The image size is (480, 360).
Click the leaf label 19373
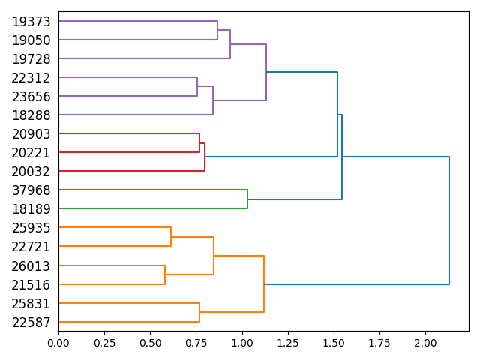(31, 22)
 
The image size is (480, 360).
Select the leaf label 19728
(31, 59)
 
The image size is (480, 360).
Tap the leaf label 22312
(31, 78)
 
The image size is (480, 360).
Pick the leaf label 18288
(31, 115)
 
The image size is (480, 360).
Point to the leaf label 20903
(31, 134)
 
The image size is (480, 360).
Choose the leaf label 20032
(31, 172)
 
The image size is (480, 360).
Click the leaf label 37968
(31, 190)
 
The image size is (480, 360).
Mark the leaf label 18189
(31, 209)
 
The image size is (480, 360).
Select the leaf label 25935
(31, 228)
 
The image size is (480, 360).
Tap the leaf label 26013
(31, 265)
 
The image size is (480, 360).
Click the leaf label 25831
(31, 303)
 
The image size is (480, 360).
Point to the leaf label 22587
(31, 322)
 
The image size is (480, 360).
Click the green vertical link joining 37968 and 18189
(247, 199)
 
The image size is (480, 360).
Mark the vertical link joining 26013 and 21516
(165, 274)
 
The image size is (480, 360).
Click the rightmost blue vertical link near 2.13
(449, 220)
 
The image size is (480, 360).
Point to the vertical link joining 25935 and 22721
(171, 237)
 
